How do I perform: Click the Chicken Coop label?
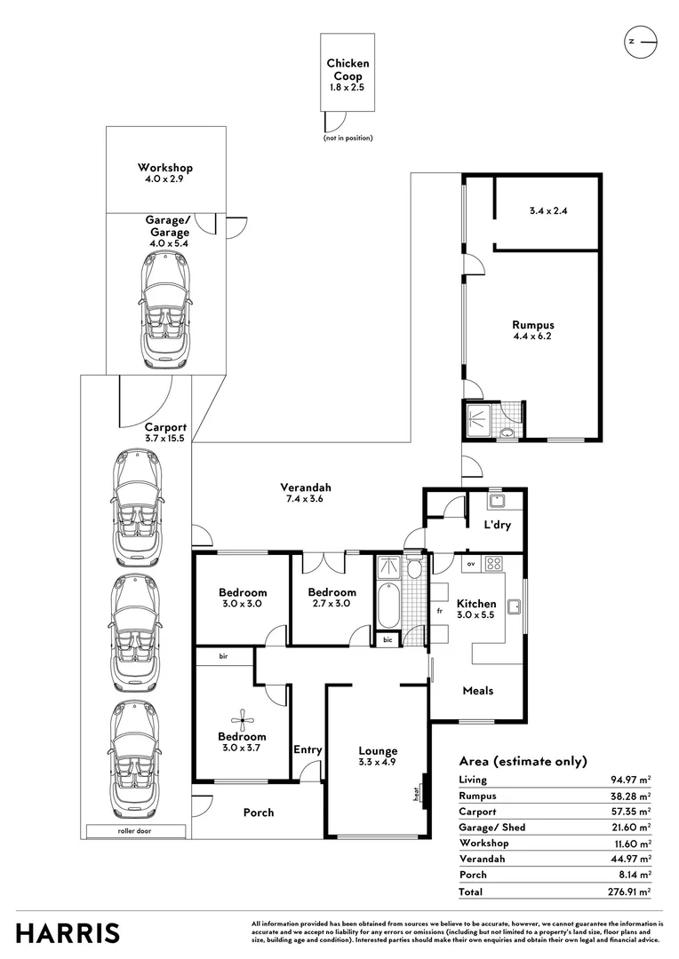(347, 69)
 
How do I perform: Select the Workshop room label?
(164, 168)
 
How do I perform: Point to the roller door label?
(136, 832)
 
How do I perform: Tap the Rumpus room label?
(533, 325)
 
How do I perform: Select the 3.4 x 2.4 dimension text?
(547, 211)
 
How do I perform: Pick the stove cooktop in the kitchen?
(494, 563)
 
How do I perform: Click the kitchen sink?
(514, 606)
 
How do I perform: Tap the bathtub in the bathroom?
(387, 605)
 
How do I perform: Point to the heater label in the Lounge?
(416, 793)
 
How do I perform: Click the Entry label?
(308, 750)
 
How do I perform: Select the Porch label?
(259, 812)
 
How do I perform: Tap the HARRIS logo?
(68, 933)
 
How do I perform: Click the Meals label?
(477, 691)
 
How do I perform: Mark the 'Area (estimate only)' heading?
(523, 761)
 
